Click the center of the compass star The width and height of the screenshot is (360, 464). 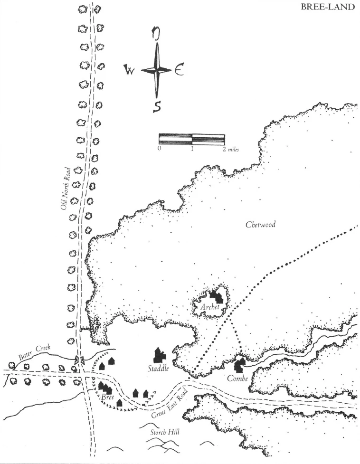156,70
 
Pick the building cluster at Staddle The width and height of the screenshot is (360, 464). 159,354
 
